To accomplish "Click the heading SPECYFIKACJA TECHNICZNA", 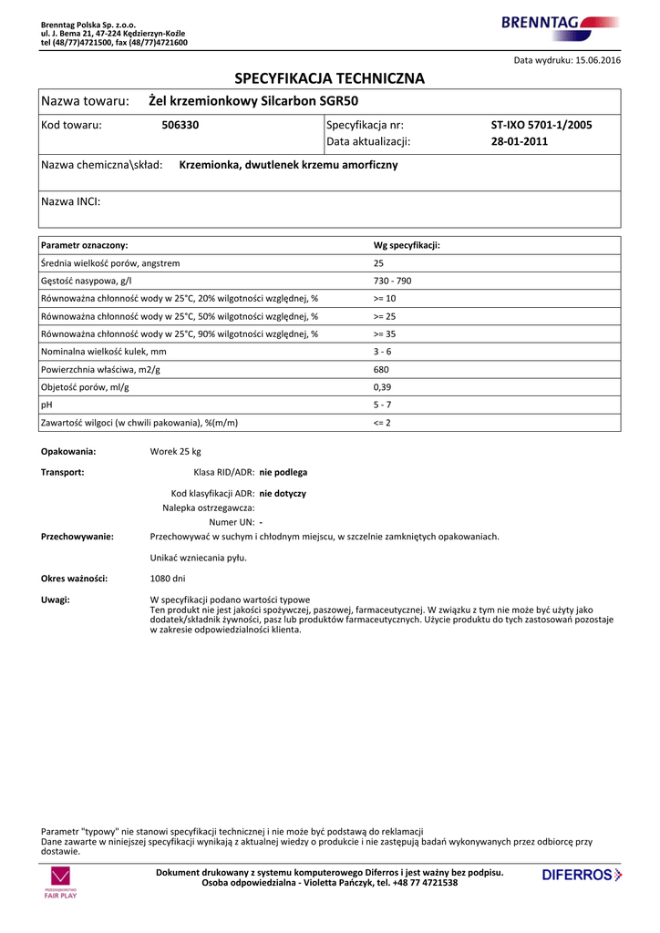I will pos(330,78).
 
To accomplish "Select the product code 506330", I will pos(180,125).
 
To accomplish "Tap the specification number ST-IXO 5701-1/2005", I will pos(541,125).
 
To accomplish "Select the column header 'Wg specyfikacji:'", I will pos(407,246).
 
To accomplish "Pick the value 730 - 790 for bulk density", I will pos(392,281).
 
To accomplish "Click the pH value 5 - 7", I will pos(382,405).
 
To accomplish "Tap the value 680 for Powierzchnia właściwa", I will pos(381,369).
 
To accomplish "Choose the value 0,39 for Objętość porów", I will pos(383,387).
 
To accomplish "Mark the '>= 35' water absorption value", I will pos(385,334).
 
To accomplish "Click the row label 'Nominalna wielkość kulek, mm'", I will pos(104,352).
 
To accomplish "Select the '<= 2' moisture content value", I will pos(382,423).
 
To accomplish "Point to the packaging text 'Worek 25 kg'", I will pos(175,452).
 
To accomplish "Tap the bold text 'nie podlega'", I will pos(284,473).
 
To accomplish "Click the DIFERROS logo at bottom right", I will pos(582,876).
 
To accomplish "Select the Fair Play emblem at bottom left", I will pos(60,883).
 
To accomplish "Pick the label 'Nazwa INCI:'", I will pos(71,201).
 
